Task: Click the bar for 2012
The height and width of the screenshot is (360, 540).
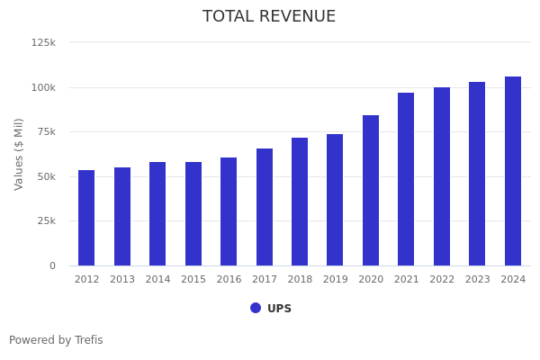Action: coord(86,218)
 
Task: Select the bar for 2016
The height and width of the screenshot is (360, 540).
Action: coord(229,211)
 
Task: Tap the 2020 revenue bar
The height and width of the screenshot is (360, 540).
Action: coord(371,190)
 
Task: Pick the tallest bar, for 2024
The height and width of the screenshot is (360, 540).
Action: coord(513,171)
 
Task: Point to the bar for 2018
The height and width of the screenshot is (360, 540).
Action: coord(300,202)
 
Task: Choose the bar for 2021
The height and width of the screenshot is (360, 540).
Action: coord(406,179)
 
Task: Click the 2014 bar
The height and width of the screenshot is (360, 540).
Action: coord(157,213)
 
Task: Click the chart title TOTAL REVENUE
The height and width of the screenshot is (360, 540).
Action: coord(269,17)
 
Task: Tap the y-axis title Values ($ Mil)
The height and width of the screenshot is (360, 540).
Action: coord(20,153)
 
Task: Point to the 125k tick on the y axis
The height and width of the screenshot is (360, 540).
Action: coord(43,42)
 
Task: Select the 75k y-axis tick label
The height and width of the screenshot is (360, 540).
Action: coord(46,131)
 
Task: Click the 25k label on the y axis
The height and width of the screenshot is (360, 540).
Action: coord(46,220)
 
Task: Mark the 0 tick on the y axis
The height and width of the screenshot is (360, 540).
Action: coord(52,265)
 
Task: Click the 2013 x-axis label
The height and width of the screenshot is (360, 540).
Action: coord(122,280)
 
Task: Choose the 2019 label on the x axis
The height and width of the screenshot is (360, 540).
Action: coord(335,280)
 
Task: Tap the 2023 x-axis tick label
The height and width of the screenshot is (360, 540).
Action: coord(477,280)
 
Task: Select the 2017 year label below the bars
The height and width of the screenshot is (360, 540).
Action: coord(265,280)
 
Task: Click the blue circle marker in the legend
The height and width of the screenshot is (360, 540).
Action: coord(256,308)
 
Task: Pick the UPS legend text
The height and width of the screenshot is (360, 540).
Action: coord(279,309)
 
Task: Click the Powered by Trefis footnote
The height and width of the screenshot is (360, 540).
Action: coord(56,340)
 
